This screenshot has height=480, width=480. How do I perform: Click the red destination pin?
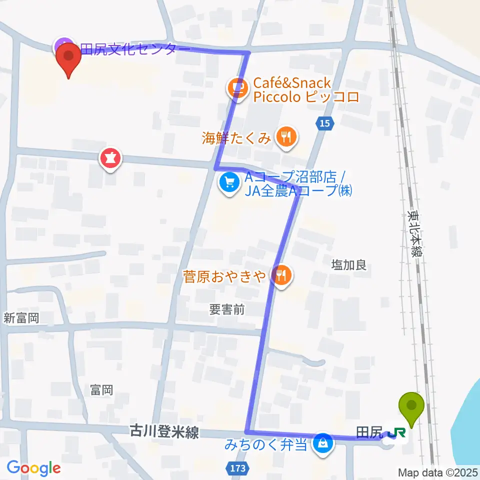pos(69,59)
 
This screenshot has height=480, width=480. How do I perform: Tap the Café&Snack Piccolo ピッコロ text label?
pos(306,90)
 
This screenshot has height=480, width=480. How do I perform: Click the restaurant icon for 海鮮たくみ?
pos(286,136)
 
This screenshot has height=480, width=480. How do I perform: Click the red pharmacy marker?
pos(111,159)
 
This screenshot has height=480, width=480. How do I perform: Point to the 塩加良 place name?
pos(349,265)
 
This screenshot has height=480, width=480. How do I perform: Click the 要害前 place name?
pos(227,310)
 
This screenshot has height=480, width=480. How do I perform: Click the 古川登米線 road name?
pos(164,432)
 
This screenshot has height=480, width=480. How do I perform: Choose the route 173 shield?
pos(238,468)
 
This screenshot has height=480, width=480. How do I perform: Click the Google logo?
pos(34,468)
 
